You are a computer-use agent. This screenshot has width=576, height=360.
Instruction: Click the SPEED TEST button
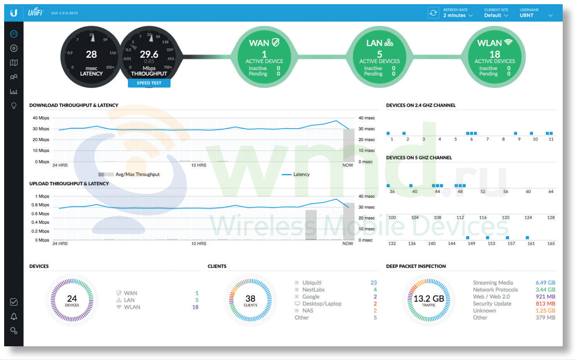[149, 83]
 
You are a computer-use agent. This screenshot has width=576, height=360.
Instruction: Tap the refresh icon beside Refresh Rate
[433, 13]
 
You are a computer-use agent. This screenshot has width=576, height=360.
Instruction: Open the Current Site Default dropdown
[496, 15]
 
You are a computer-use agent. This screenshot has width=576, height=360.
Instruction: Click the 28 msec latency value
[91, 54]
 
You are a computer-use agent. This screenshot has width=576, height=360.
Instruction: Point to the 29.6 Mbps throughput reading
[149, 54]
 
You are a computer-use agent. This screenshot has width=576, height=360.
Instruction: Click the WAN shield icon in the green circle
[275, 42]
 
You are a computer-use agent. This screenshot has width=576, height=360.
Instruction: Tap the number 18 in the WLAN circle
[495, 54]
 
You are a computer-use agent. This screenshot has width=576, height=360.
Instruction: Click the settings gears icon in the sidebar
[14, 331]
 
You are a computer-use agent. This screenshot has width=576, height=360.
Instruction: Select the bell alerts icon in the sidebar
[14, 316]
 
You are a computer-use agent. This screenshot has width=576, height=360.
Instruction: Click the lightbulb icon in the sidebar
[14, 106]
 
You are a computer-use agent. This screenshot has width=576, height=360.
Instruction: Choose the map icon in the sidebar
[14, 62]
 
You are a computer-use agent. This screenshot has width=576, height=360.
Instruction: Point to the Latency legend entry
[296, 174]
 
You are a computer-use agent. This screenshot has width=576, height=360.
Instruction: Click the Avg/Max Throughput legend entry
[129, 174]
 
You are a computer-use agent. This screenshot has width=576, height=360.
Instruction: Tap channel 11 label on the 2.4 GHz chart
[551, 139]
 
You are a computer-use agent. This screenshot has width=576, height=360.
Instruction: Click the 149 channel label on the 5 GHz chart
[471, 243]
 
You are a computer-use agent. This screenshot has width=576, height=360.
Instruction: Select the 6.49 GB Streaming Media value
[545, 283]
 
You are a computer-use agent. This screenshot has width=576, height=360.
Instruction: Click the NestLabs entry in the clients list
[313, 289]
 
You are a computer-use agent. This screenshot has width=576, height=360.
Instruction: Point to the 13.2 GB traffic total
[429, 299]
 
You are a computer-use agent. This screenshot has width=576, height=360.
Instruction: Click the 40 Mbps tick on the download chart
[41, 118]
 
